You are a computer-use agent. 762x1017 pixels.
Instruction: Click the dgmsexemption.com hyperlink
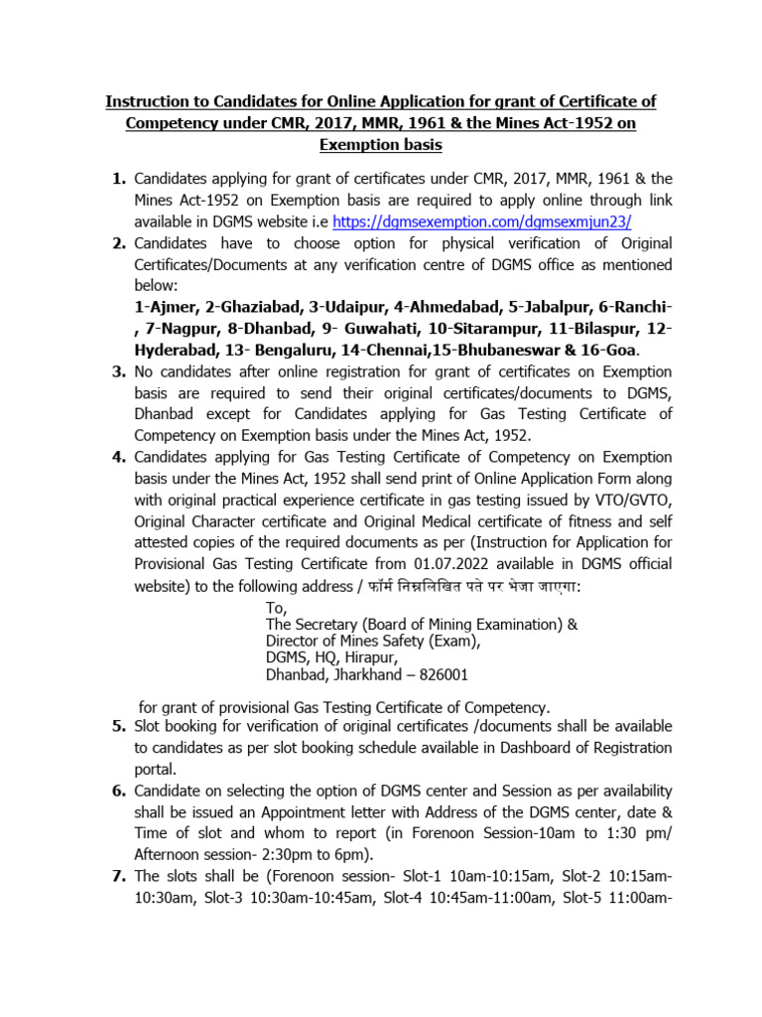pyautogui.click(x=482, y=221)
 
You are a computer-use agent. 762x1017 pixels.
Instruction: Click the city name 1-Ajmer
pyautogui.click(x=165, y=308)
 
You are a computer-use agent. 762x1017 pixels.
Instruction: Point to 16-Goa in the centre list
pyautogui.click(x=610, y=352)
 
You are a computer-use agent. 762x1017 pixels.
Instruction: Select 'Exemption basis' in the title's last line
pyautogui.click(x=380, y=145)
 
